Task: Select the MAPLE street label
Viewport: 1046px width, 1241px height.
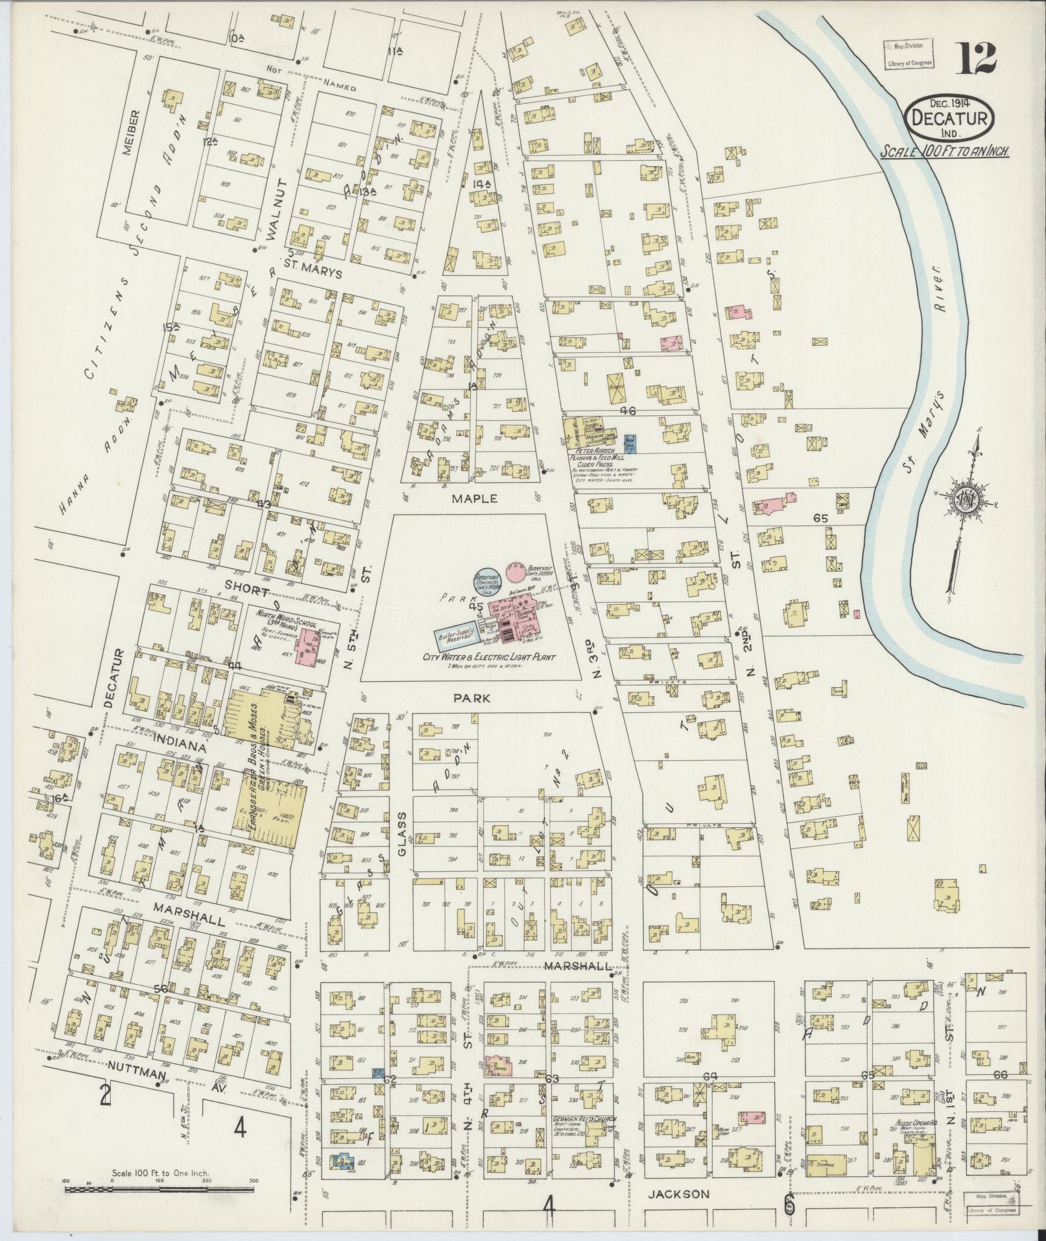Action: pyautogui.click(x=480, y=499)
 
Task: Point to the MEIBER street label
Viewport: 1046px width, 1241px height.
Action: pyautogui.click(x=135, y=134)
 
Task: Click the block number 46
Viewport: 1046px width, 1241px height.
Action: pyautogui.click(x=628, y=411)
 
